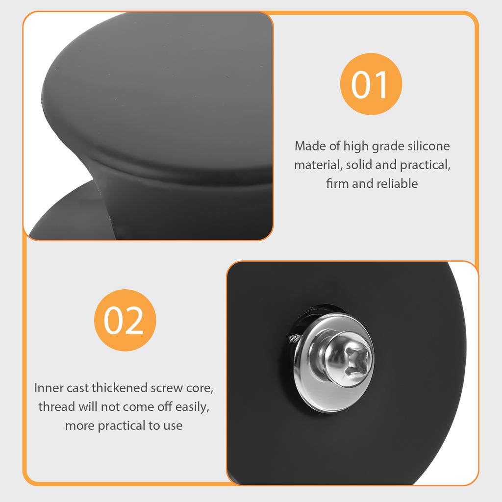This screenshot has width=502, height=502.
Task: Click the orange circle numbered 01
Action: coord(371,84)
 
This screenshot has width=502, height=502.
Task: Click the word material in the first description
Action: coord(317,165)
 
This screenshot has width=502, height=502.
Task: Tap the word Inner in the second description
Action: coord(48,388)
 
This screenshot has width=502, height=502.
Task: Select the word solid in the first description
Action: coord(358,165)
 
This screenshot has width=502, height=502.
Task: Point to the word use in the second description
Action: coord(173,426)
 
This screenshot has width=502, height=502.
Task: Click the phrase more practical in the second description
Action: coord(105,426)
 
